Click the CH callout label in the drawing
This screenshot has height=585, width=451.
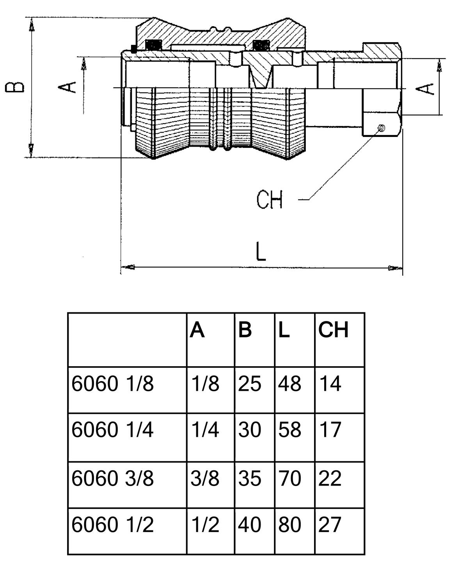[269, 200]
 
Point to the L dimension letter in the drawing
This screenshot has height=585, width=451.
[261, 252]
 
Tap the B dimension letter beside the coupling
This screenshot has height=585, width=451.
[15, 87]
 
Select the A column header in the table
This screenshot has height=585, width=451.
[197, 330]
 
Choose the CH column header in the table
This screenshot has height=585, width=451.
[333, 330]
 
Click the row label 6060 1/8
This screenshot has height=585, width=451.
[113, 384]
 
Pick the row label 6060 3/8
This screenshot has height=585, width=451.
[113, 478]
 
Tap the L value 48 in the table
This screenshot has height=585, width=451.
[290, 384]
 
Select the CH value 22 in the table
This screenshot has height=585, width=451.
[330, 478]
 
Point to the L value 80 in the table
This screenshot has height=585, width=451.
[290, 525]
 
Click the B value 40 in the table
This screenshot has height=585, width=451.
[250, 525]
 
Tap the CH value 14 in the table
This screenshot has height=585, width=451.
[330, 384]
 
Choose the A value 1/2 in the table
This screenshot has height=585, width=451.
[205, 525]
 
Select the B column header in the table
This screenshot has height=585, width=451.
[245, 330]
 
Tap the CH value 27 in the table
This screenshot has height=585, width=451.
[330, 525]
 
